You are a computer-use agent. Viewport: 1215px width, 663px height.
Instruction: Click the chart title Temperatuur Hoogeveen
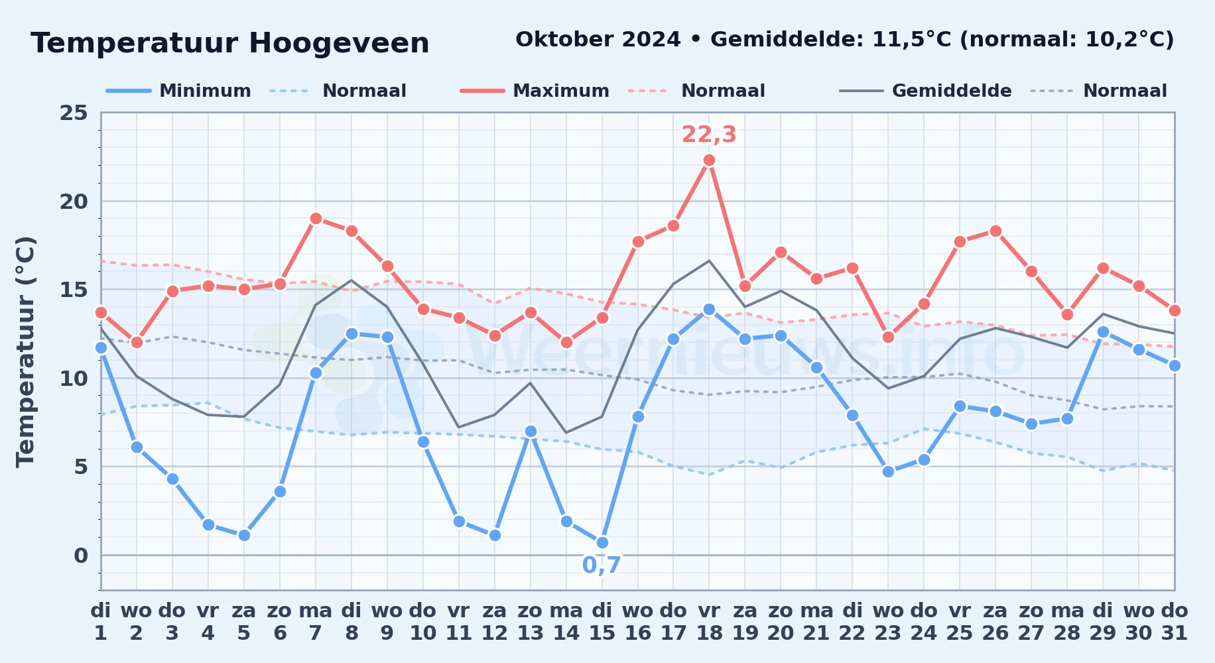coord(230,43)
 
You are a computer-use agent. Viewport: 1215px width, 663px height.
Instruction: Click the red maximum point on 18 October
coord(709,160)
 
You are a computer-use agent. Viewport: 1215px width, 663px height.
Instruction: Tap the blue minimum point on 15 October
coord(602,542)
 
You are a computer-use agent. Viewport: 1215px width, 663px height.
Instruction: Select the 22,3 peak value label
coord(709,135)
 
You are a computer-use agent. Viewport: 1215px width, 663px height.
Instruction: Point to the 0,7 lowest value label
coord(602,566)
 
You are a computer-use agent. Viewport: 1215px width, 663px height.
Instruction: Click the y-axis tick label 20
coord(74,202)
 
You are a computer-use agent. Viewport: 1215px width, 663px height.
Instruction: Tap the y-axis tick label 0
coord(81,556)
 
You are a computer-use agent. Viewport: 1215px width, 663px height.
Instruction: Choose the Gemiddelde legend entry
coord(926,91)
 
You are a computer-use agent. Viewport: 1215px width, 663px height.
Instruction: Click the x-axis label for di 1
coord(101,621)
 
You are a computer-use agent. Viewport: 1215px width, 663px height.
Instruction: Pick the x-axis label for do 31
coord(1175,621)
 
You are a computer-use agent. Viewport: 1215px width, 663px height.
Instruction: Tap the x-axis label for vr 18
coord(709,621)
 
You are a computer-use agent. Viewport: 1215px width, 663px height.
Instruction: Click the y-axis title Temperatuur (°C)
coord(25,351)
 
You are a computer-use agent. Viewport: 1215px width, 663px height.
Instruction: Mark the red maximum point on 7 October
coord(316,218)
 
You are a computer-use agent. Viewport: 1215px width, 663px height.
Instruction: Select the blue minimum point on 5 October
coord(244,535)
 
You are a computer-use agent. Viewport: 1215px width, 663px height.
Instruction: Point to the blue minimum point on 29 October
coord(1103,331)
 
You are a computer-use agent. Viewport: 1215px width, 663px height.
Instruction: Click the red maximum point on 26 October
coord(995,231)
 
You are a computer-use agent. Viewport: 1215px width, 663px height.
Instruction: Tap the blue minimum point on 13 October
coord(531,431)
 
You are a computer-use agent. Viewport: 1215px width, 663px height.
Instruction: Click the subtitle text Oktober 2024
coord(598,40)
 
